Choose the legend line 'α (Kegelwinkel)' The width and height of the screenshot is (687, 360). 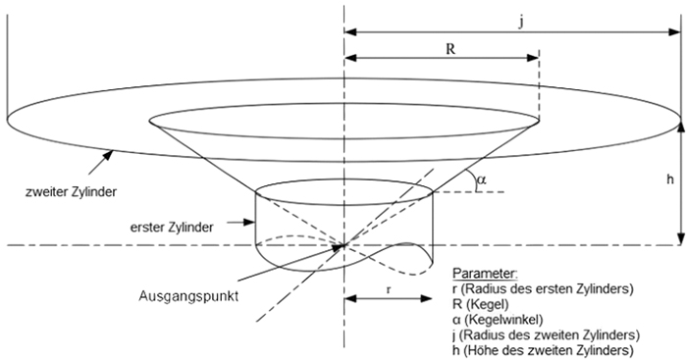(499, 319)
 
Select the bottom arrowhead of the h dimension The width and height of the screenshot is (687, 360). (679, 239)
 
